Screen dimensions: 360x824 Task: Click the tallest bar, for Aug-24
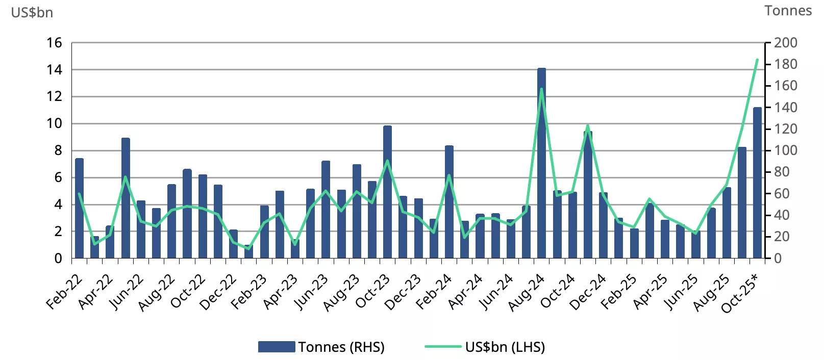coord(541,163)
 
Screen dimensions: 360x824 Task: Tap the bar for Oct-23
coord(387,192)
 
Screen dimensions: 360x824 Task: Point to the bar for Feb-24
coord(449,202)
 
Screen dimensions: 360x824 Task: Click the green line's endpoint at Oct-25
coord(757,60)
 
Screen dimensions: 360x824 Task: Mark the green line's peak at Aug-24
coord(541,89)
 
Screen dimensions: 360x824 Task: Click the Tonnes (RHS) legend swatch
coord(276,347)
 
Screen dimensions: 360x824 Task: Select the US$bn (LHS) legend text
coord(505,347)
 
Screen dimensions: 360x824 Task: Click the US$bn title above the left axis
coord(32,12)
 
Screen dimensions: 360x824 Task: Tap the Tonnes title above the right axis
coord(788,11)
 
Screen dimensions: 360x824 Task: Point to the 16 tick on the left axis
coord(54,43)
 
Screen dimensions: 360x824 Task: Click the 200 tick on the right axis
coord(785,43)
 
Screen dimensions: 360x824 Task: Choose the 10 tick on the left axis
coord(54,123)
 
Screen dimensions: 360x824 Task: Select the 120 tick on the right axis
coord(785,129)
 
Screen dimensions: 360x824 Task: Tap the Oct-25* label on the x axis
coord(740,293)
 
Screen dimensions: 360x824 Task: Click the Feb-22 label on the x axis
coord(64,292)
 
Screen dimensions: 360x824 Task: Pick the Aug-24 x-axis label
coord(527,292)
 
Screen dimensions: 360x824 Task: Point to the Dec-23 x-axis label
coord(403,292)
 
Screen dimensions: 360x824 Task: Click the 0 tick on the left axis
coord(58,259)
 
